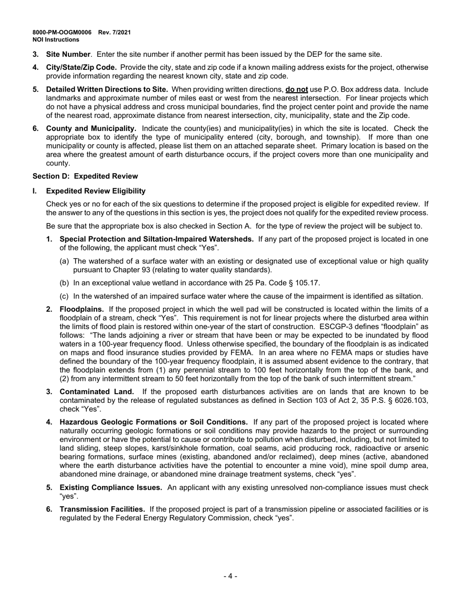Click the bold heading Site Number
point(68,54)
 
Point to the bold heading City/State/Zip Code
point(81,67)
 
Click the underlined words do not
point(297,90)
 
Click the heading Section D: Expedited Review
point(85,176)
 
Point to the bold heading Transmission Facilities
point(102,509)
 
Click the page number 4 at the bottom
point(230,576)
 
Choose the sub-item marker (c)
point(64,296)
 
